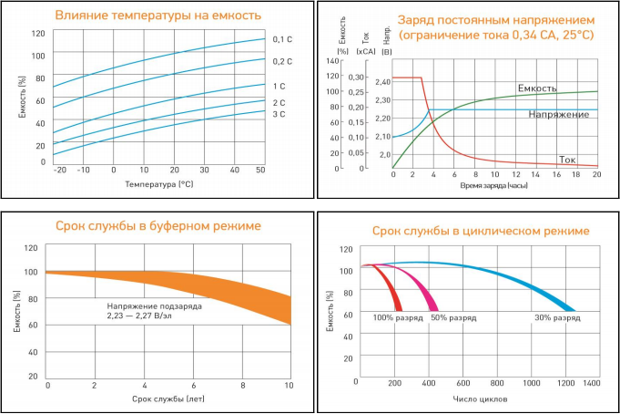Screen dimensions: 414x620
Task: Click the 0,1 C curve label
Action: click(x=282, y=39)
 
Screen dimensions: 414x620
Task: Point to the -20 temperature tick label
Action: click(x=60, y=171)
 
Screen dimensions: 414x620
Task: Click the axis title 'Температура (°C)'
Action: click(x=160, y=184)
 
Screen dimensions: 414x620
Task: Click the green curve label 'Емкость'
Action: click(x=537, y=88)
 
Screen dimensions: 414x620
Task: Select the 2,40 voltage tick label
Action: click(x=382, y=82)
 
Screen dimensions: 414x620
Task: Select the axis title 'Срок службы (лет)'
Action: click(x=167, y=399)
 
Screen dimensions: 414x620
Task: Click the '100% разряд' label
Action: click(x=395, y=318)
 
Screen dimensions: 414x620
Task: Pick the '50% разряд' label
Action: click(x=452, y=318)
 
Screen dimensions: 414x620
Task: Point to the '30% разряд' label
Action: click(x=556, y=318)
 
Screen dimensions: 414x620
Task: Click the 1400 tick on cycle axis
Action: click(x=592, y=384)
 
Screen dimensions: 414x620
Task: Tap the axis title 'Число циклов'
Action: click(x=479, y=399)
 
